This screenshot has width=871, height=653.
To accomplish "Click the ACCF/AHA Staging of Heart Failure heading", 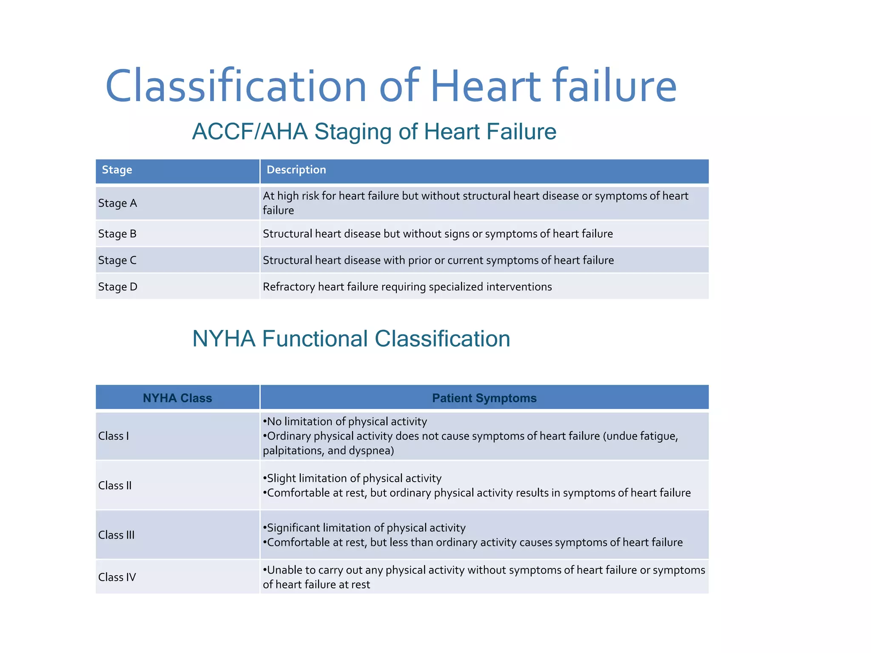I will click(374, 131).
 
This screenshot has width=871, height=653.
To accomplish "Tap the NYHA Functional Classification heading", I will click(351, 339).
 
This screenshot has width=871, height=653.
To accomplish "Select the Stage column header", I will click(117, 170).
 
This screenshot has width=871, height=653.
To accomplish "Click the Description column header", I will click(296, 170).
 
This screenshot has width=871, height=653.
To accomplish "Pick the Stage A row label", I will click(117, 203).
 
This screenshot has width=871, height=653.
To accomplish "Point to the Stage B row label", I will click(117, 234).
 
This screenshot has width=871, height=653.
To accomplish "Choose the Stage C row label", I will click(117, 260).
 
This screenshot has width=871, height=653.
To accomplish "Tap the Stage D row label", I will click(117, 287).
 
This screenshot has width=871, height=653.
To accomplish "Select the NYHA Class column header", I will click(177, 398).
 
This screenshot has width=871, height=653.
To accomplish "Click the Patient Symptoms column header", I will click(484, 398).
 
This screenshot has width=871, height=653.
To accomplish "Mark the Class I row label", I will click(113, 436).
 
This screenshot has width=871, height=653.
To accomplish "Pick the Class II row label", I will click(115, 485).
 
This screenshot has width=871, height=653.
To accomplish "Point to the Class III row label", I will click(116, 535).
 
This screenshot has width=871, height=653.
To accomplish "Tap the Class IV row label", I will click(117, 577).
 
